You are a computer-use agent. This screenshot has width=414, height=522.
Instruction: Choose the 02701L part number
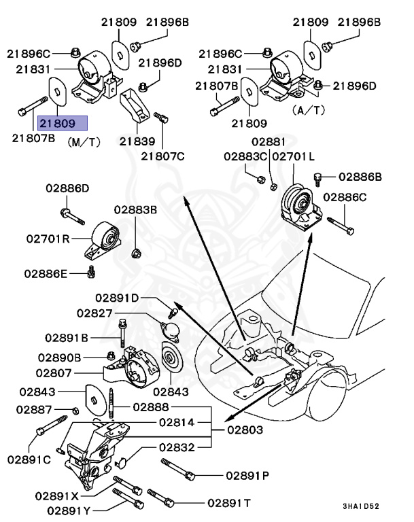coord(294,156)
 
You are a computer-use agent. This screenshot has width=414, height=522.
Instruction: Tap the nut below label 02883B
coord(135,252)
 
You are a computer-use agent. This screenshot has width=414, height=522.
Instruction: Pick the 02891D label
coord(116,298)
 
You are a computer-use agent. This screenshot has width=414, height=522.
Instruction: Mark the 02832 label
coord(178,447)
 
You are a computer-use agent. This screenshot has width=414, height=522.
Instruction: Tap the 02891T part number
coord(229,502)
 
